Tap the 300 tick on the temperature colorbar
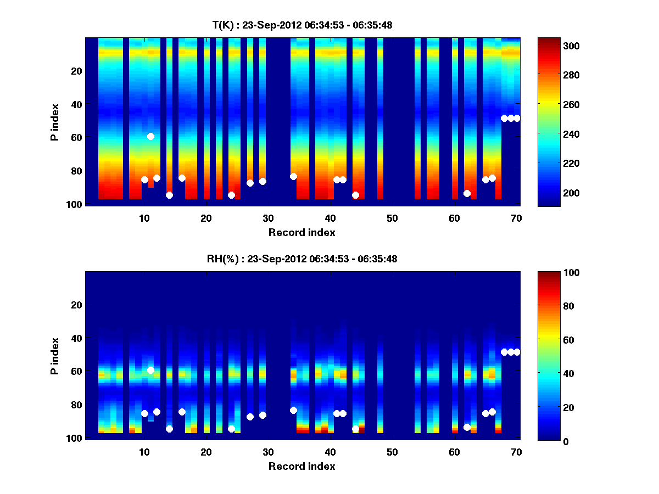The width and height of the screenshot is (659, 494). [x=551, y=46]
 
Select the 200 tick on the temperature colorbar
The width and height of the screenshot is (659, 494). [x=551, y=193]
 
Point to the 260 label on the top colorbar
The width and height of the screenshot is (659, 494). [x=551, y=105]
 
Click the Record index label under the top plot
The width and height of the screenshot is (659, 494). [x=301, y=233]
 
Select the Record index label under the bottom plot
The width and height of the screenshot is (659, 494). [x=301, y=467]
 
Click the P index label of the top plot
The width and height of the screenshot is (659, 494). [x=55, y=122]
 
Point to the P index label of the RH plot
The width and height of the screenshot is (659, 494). [x=55, y=356]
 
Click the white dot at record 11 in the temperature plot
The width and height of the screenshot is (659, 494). [x=150, y=136]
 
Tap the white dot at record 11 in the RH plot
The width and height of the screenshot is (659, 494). [x=150, y=370]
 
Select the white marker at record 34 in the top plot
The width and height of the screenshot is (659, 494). [x=293, y=176]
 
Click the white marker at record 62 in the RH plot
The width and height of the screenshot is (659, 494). [x=467, y=427]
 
